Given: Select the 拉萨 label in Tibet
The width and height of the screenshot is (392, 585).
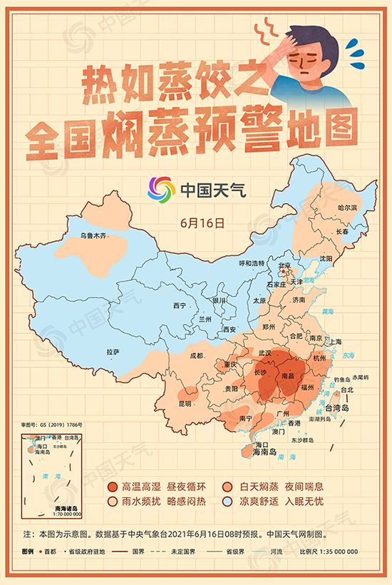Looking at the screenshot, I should coord(113,352).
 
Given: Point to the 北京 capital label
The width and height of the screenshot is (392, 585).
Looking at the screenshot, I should coord(284,266).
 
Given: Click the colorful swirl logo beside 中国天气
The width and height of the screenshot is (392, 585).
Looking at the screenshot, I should coord(161,190).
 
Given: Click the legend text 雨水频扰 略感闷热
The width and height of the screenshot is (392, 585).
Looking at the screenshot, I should coord(163,502).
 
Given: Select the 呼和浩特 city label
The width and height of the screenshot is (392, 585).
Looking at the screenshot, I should coord(251,263).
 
